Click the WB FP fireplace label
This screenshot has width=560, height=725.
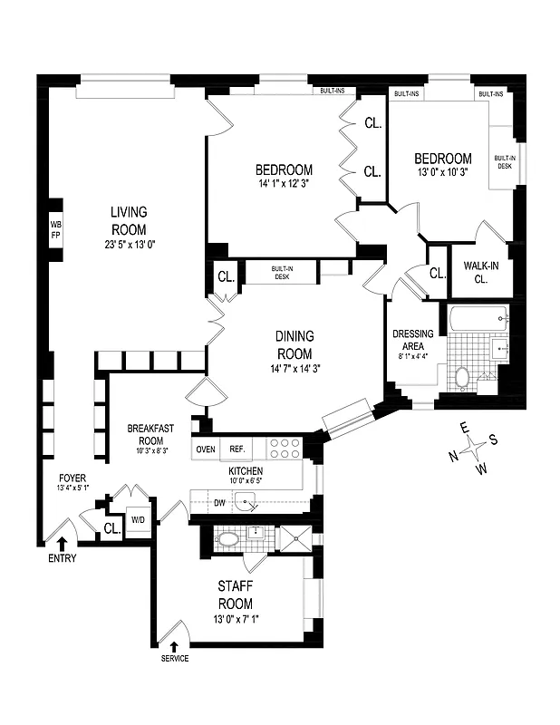click(x=55, y=230)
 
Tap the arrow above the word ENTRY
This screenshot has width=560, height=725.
click(x=63, y=543)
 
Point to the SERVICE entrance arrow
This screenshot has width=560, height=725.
click(x=175, y=645)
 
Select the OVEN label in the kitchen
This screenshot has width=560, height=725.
click(x=206, y=449)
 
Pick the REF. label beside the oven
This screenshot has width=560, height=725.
click(x=237, y=449)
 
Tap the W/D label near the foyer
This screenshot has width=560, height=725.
click(x=139, y=520)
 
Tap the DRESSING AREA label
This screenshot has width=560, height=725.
click(x=412, y=338)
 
